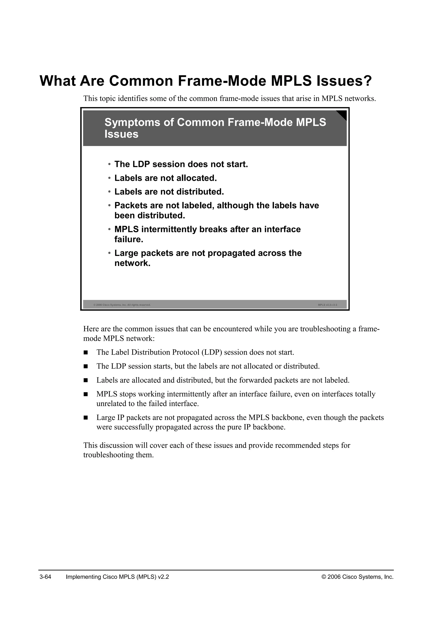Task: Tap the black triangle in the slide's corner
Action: click(x=342, y=114)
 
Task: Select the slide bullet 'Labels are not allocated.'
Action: click(x=166, y=178)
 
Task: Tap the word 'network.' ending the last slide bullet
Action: click(x=132, y=263)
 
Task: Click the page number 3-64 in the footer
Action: click(x=45, y=577)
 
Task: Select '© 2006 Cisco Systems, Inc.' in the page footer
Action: click(x=357, y=577)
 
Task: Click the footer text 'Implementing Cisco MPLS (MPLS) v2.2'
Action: click(x=117, y=577)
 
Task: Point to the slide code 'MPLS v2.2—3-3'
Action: click(x=327, y=305)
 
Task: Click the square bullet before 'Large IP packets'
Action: click(x=86, y=418)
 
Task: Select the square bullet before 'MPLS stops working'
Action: click(x=86, y=394)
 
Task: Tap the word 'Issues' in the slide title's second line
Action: click(x=121, y=134)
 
